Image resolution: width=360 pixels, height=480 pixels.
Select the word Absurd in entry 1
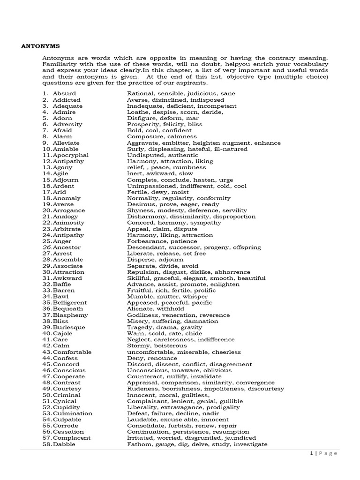(63, 94)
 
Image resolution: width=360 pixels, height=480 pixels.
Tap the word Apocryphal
(71, 155)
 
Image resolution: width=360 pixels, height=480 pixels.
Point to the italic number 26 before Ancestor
(46, 247)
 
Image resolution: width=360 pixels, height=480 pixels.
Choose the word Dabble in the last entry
(64, 444)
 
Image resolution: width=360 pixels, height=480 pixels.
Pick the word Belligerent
(70, 302)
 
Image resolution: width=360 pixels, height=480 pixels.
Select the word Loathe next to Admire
(137, 112)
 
